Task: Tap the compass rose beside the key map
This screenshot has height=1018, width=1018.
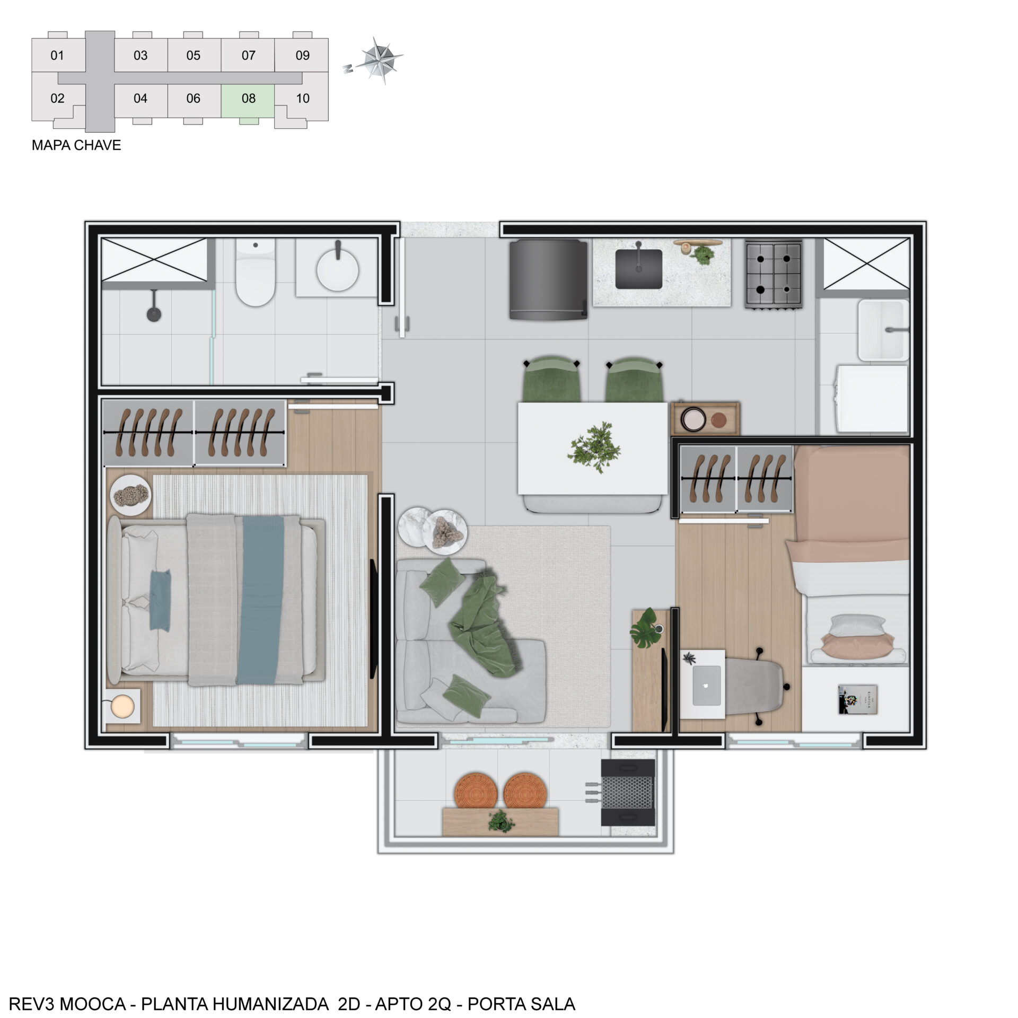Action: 378,60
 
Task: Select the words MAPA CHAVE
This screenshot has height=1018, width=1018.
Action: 76,145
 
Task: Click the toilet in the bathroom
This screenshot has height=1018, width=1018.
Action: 255,272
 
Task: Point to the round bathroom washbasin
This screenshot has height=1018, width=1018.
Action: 337,269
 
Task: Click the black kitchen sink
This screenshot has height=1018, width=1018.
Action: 638,268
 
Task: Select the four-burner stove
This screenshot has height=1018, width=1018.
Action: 773,274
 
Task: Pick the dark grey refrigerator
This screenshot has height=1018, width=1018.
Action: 548,279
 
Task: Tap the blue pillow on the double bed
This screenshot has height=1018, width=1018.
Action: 160,601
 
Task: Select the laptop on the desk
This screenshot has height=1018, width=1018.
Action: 706,686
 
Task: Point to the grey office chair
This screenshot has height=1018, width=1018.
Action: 756,686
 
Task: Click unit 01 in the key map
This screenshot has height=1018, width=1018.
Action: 57,55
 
